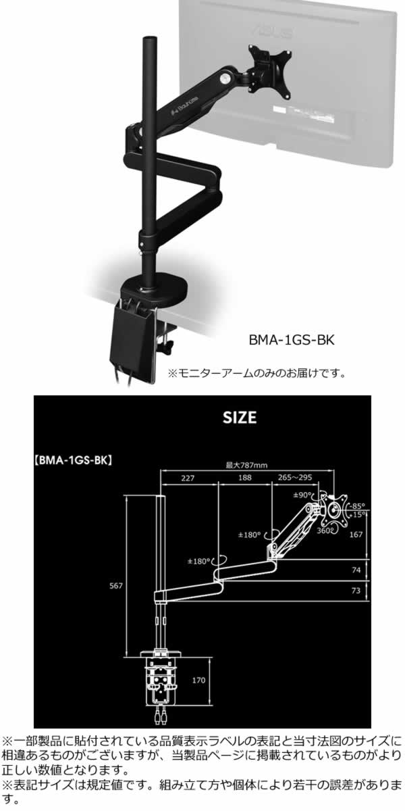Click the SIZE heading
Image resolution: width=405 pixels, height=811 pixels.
tap(240, 417)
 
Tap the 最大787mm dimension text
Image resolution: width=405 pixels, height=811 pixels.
tap(246, 464)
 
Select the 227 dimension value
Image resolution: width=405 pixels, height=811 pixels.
tap(188, 478)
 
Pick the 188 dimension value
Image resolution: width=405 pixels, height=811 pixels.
tap(245, 478)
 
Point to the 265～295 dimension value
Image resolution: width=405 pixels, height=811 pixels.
tap(296, 478)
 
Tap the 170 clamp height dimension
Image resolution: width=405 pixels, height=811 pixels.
tap(198, 680)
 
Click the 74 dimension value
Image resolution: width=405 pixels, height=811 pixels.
tap(356, 570)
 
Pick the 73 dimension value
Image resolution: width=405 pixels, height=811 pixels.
tap(356, 591)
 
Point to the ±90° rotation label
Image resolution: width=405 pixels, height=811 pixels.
tap(303, 495)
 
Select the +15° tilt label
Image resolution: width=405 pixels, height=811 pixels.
tap(358, 514)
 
